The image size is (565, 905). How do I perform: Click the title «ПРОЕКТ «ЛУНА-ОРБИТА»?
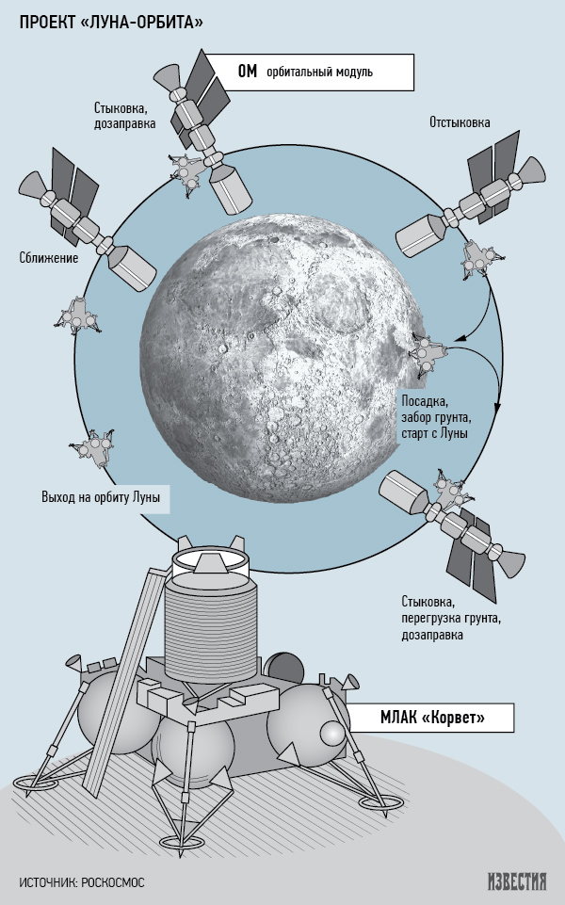[111, 22]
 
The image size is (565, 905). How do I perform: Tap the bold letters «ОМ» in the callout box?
[247, 72]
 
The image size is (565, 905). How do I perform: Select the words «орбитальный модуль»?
[319, 73]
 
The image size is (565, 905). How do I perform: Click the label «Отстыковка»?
[460, 122]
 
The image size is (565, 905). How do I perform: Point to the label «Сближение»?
[48, 257]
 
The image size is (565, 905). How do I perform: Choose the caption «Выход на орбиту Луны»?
[101, 497]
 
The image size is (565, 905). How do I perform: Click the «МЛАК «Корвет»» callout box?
[432, 718]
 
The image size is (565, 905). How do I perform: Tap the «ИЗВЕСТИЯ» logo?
[517, 881]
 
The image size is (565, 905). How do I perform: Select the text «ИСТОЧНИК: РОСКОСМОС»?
[82, 882]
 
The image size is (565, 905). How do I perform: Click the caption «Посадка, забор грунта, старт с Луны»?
[434, 417]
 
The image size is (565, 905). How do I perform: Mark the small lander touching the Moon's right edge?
[428, 354]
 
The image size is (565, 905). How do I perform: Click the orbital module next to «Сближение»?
[87, 220]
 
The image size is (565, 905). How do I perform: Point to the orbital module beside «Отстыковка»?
[470, 194]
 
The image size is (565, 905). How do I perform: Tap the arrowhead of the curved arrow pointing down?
[497, 407]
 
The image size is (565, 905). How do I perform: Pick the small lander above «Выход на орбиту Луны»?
[92, 448]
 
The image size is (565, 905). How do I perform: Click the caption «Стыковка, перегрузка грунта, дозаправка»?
[451, 618]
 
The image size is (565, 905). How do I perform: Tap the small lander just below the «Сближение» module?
[78, 315]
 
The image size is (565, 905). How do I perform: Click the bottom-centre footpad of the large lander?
[181, 840]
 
